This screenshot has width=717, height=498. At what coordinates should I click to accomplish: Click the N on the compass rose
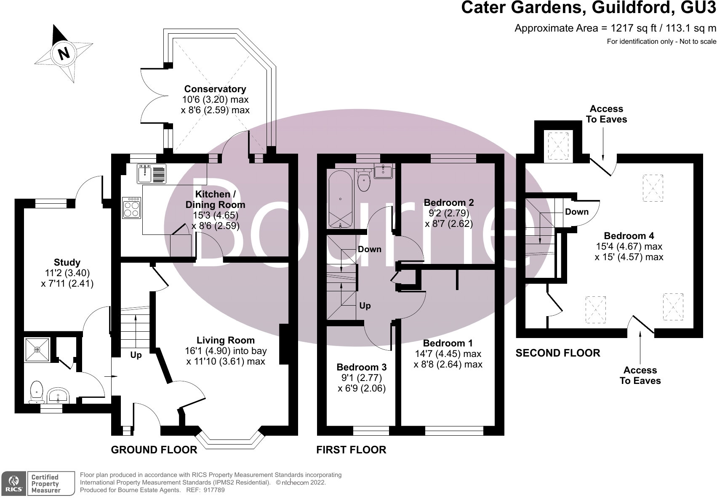click(64, 54)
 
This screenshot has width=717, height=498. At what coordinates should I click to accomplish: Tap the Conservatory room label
click(215, 89)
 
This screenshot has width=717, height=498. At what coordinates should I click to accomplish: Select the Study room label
click(67, 262)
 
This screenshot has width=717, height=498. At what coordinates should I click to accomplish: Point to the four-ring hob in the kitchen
click(131, 208)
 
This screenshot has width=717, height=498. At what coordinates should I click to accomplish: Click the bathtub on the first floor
click(340, 199)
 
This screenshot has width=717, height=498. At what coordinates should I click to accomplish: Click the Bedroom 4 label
click(629, 236)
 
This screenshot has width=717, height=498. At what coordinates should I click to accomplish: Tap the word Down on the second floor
click(576, 212)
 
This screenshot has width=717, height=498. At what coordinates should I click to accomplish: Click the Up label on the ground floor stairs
click(136, 355)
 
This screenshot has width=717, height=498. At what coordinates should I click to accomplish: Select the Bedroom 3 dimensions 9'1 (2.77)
click(362, 378)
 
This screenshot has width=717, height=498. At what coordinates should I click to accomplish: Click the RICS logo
click(14, 484)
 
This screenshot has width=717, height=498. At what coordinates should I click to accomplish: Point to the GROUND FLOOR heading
click(154, 450)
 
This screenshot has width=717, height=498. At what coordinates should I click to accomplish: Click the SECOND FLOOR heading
click(558, 353)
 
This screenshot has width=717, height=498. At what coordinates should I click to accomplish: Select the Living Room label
click(226, 340)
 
